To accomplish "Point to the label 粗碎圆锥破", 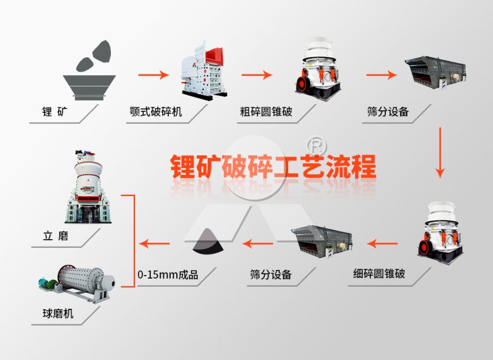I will pyautogui.click(x=266, y=113).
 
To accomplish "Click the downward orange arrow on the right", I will pyautogui.click(x=439, y=153).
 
